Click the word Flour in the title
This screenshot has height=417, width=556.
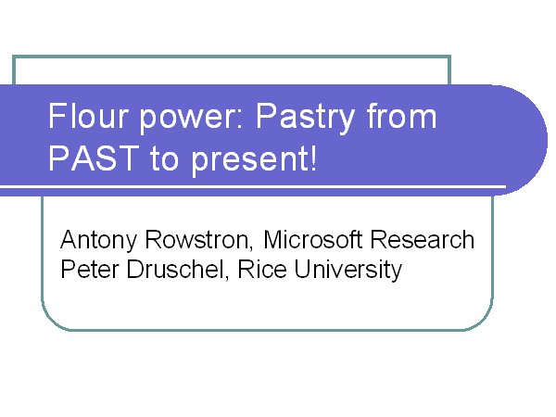pos(88,116)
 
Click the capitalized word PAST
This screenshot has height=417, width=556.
pos(94,158)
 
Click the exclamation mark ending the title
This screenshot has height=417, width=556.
pos(313,158)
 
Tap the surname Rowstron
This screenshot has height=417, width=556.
pos(197,240)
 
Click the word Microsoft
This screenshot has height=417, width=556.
pos(313,239)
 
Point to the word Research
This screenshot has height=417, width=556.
pos(422,239)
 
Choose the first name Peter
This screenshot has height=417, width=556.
pos(89,269)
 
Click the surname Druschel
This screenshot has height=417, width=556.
pos(175,269)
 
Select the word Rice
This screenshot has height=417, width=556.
pos(262,269)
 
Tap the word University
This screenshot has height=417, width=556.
pos(347,271)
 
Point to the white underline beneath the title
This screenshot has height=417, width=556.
pos(253,186)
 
